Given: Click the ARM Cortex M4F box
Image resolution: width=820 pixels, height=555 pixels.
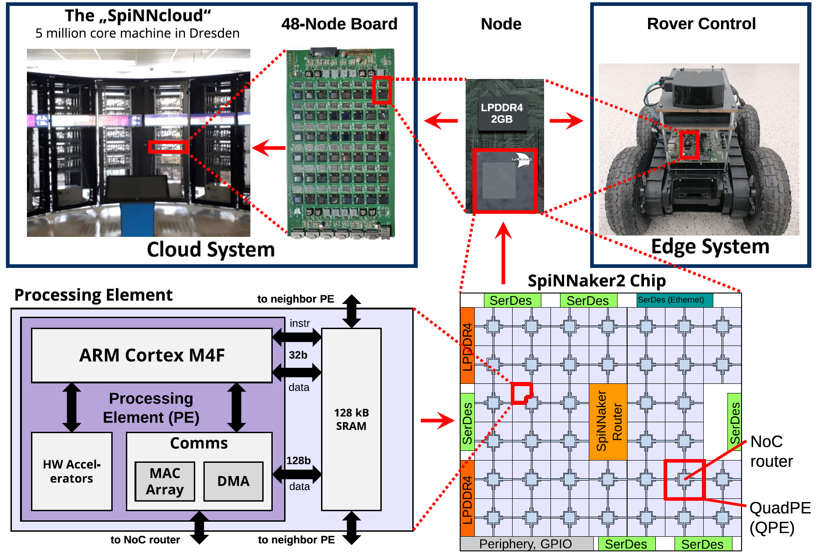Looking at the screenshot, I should coord(152,355).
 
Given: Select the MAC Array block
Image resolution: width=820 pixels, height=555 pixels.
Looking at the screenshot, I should coord(165,482).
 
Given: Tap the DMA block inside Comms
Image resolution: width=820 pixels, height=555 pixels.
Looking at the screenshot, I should coord(233,482).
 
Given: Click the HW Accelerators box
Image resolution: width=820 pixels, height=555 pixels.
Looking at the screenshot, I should coord(72,471).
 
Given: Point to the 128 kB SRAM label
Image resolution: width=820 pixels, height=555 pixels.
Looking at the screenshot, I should coord(351,419).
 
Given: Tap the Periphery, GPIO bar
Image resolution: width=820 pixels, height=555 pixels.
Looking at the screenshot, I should coord(526,544).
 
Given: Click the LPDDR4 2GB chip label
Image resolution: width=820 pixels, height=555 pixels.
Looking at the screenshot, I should coord(502,113).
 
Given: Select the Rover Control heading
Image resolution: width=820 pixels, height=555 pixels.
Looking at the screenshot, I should coord(701,24).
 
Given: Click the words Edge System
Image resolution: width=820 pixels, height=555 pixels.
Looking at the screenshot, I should coord(710,246).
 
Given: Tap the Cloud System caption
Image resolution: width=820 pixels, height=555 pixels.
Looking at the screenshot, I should coord(211,250).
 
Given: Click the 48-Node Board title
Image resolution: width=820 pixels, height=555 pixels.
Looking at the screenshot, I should coord(339,24).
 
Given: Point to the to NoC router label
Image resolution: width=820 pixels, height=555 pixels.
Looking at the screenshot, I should coord(145,540).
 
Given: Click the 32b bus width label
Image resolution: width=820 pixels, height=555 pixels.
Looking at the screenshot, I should coord(298,355).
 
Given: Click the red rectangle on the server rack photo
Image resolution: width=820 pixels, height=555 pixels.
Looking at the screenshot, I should coord(168,147).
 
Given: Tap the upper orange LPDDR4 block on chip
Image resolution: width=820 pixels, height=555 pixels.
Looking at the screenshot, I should coord(467,346).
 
